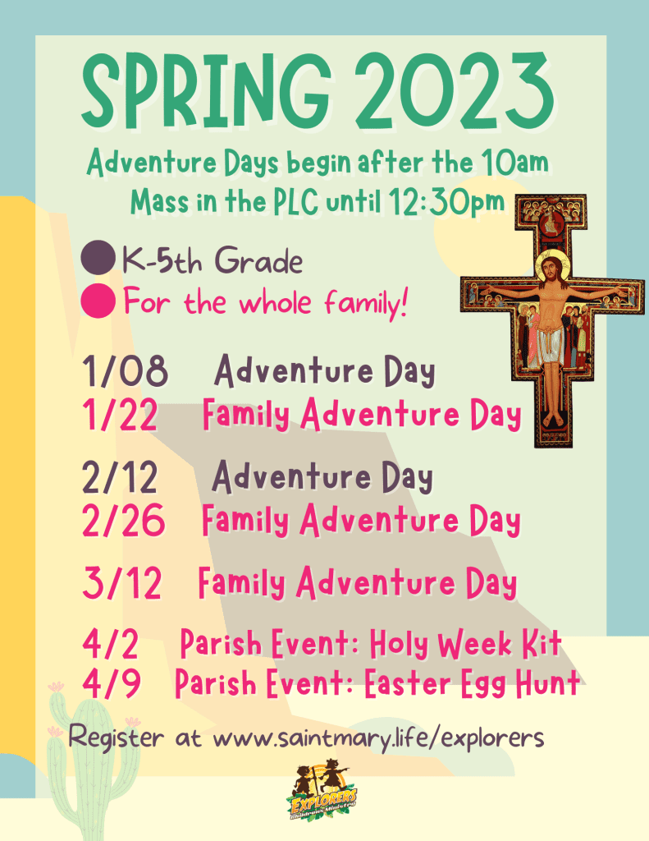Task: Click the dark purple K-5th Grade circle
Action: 98,257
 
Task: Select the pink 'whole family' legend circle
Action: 98,301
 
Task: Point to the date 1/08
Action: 125,370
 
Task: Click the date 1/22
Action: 120,414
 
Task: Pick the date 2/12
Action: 120,477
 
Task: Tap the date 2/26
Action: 123,520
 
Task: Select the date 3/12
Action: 122,583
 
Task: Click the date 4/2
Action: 111,644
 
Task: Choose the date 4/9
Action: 112,682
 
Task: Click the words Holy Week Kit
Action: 465,643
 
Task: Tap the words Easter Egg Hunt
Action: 472,682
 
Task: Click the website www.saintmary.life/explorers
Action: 378,738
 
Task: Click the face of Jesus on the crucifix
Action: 551,267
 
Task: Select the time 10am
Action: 514,162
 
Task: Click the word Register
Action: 116,737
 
